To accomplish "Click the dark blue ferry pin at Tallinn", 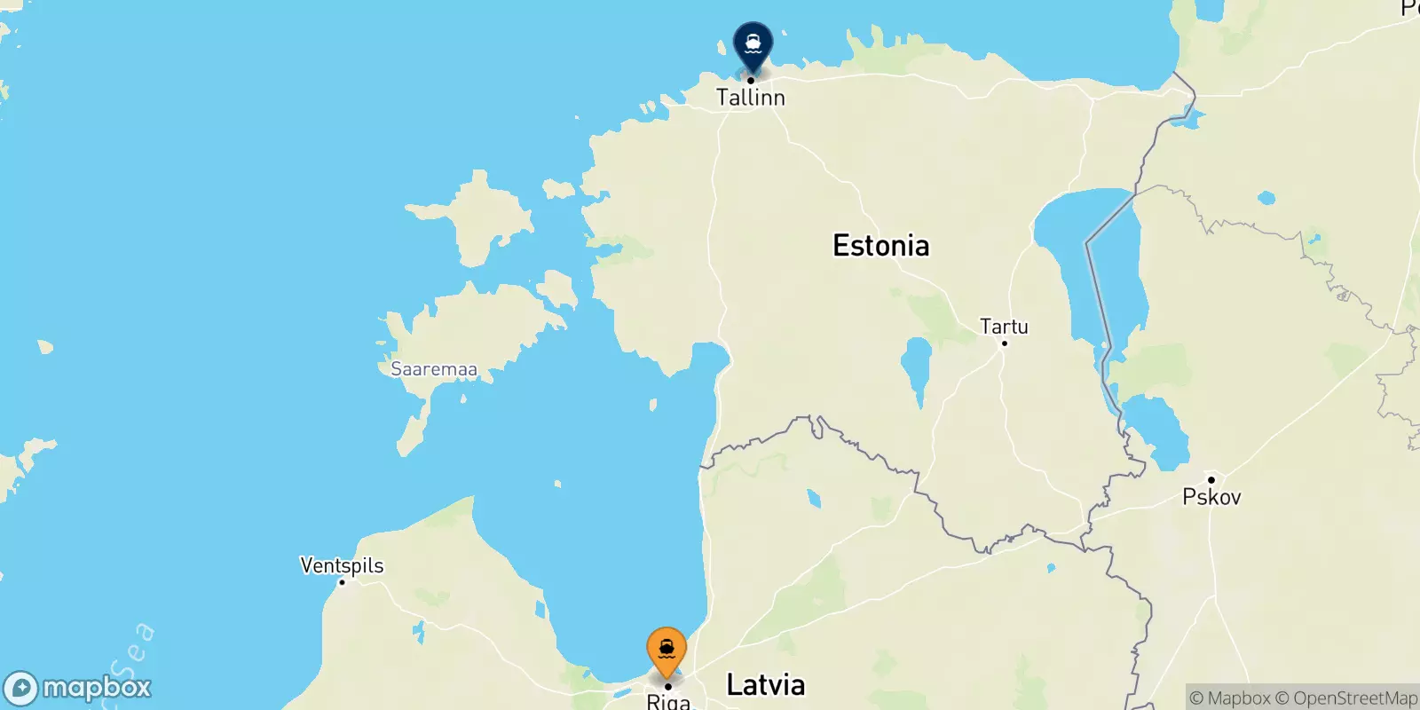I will click(753, 43).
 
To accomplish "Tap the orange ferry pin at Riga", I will click(667, 649).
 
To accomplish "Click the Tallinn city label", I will click(751, 98).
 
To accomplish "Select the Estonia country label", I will click(880, 246).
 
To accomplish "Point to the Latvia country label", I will click(765, 684).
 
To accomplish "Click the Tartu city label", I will click(1004, 327).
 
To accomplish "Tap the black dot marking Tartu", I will click(1005, 343).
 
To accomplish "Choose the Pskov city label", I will click(1211, 497).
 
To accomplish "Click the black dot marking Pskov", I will click(1211, 480).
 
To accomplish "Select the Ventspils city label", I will click(342, 565).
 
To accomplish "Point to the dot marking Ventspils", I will click(342, 582).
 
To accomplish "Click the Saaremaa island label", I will click(434, 369).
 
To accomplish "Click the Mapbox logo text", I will click(97, 688).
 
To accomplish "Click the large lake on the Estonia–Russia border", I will click(1087, 257).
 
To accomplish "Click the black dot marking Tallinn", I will click(751, 80).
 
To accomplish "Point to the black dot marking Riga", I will click(667, 686).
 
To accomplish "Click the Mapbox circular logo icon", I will click(21, 689).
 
